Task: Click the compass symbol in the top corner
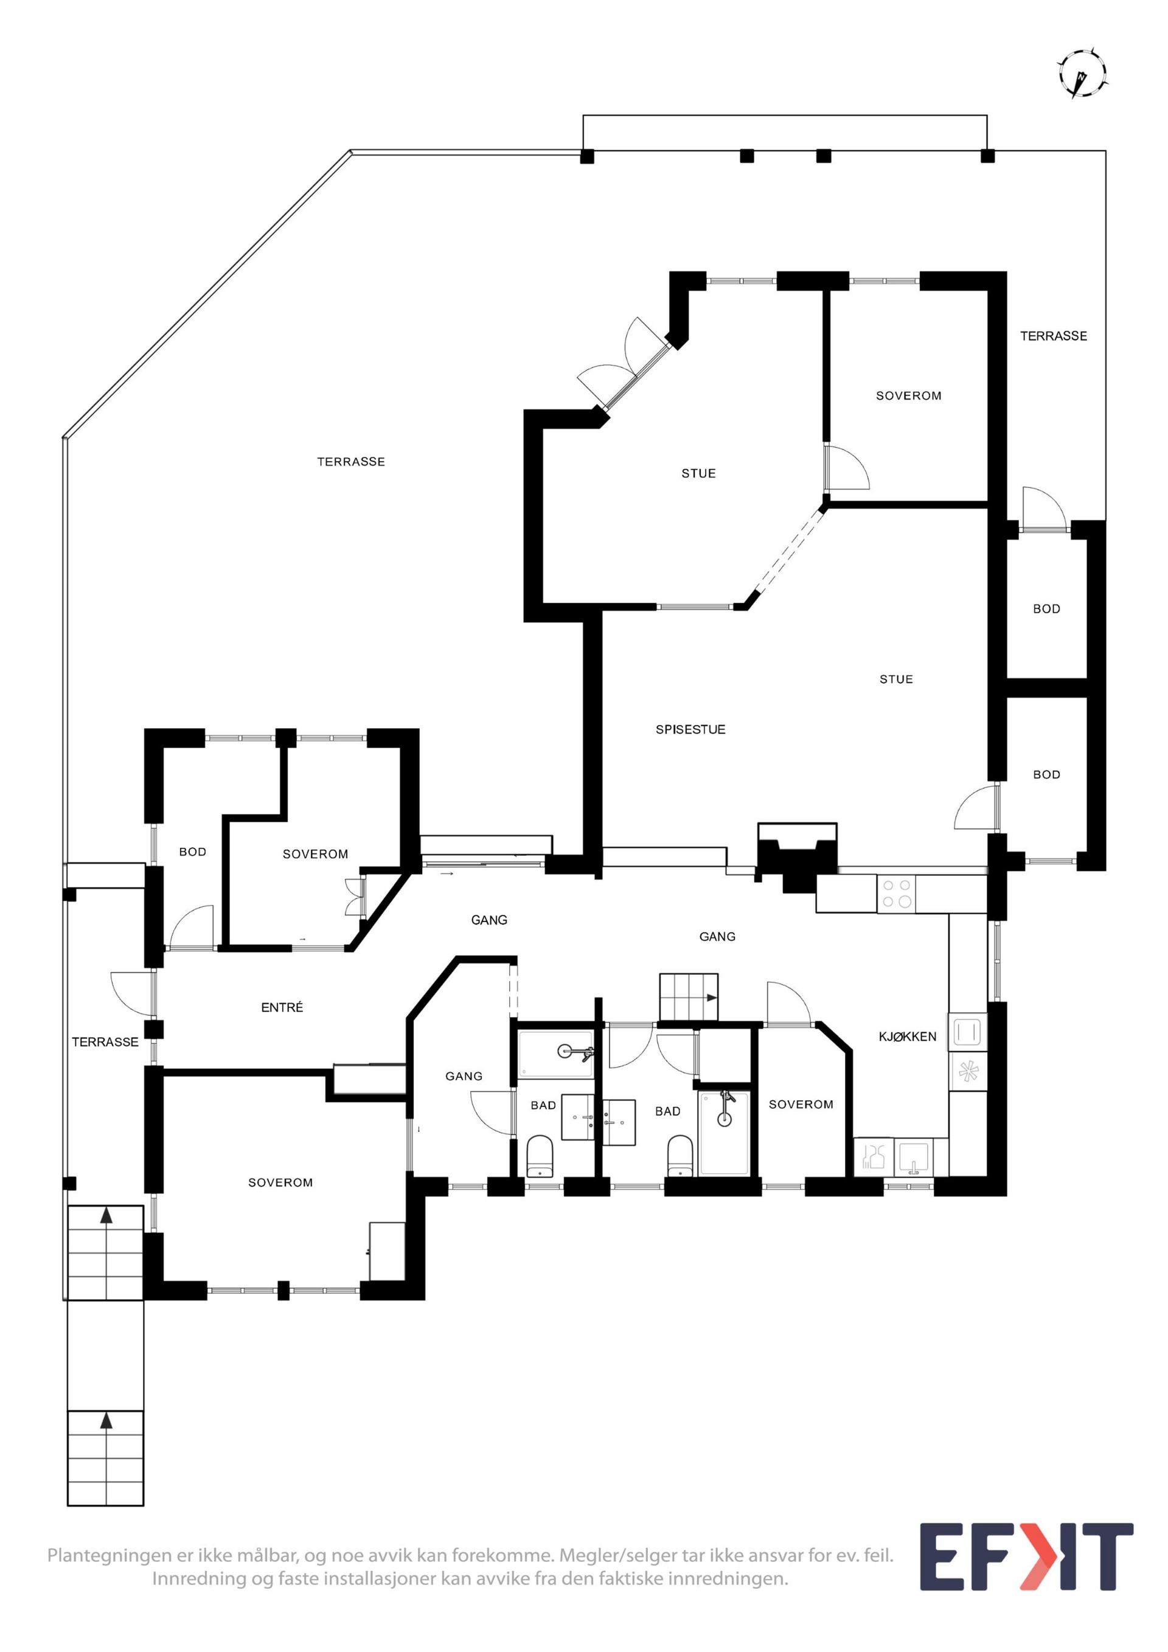click(1082, 74)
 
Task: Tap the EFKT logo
click(1027, 1566)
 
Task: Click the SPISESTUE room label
click(690, 729)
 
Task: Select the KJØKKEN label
click(908, 1037)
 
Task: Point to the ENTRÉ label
click(282, 1007)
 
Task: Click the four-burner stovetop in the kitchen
click(897, 894)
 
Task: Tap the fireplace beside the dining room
click(797, 858)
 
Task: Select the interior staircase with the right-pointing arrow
click(689, 998)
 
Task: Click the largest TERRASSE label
click(351, 462)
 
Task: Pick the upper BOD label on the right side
click(1046, 609)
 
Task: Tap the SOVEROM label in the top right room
click(908, 396)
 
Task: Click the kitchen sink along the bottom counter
click(913, 1157)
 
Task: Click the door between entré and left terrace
click(133, 995)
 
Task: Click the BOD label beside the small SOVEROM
click(192, 852)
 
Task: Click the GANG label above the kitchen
click(717, 936)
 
